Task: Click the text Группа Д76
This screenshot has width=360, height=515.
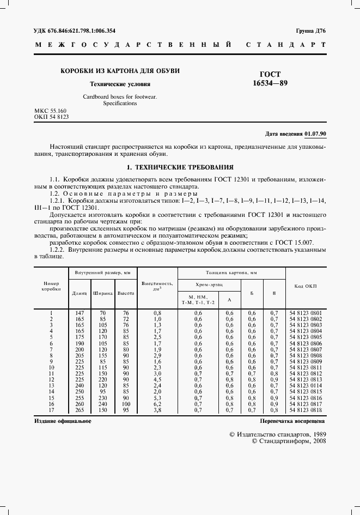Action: click(x=310, y=31)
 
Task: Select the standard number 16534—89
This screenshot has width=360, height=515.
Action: click(x=271, y=83)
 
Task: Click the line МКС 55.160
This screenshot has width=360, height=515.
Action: click(x=50, y=111)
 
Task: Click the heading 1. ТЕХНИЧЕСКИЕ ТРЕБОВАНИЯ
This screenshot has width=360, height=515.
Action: click(x=180, y=167)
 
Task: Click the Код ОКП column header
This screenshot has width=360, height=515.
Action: click(x=306, y=286)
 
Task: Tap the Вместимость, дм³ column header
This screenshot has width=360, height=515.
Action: click(x=157, y=286)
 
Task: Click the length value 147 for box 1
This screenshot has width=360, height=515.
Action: click(x=80, y=313)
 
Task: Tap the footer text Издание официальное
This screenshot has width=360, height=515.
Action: click(x=63, y=421)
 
